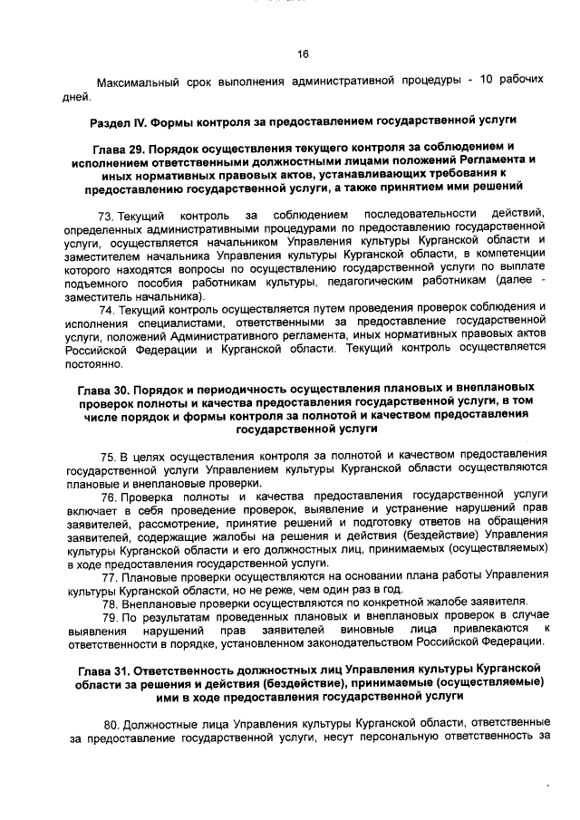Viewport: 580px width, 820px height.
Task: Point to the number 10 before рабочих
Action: (x=486, y=80)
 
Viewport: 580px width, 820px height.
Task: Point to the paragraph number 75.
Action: (x=108, y=454)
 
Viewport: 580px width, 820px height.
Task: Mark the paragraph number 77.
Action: (x=108, y=578)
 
